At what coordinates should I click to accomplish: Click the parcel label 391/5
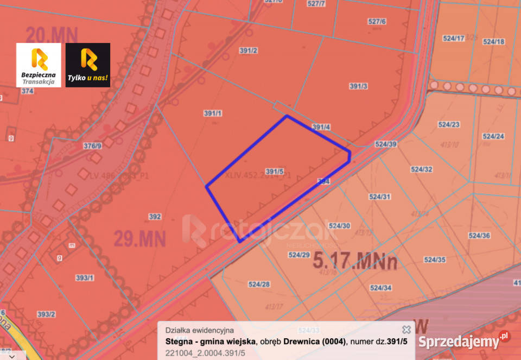pos(275,172)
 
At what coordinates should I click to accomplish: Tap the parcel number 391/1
pos(213,113)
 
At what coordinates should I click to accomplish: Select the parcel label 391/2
pos(248,50)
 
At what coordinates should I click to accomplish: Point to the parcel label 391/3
pos(359,86)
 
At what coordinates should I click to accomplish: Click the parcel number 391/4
pos(321,127)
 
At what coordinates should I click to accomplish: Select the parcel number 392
pos(155,217)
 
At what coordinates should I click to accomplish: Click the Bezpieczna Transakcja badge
pos(39,65)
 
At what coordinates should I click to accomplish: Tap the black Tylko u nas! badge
pos(88,65)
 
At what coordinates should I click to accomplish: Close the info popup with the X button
pos(406,330)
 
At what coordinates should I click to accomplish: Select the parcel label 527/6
pos(377,22)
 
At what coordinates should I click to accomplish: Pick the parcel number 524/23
pos(449,124)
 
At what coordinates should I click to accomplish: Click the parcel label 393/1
pos(85,278)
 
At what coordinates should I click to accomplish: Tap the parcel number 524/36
pos(479,236)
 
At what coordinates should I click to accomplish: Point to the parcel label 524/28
pos(259,284)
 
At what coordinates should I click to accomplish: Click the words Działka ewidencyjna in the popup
pos(199,330)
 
